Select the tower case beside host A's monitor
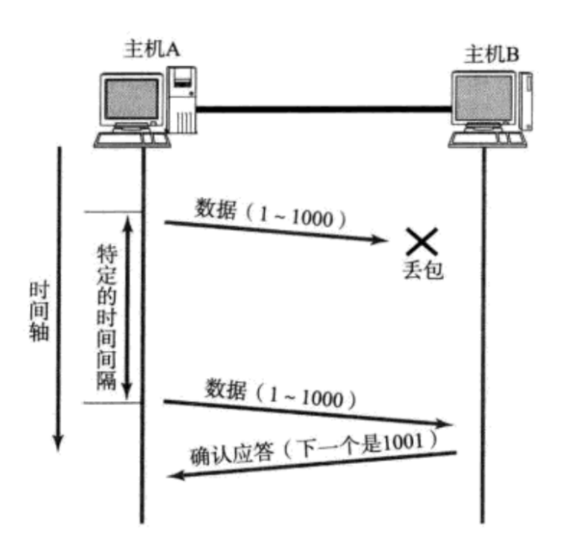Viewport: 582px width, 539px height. (183, 99)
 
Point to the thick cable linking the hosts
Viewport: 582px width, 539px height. (324, 107)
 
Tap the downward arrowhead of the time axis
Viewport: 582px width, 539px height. (58, 441)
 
